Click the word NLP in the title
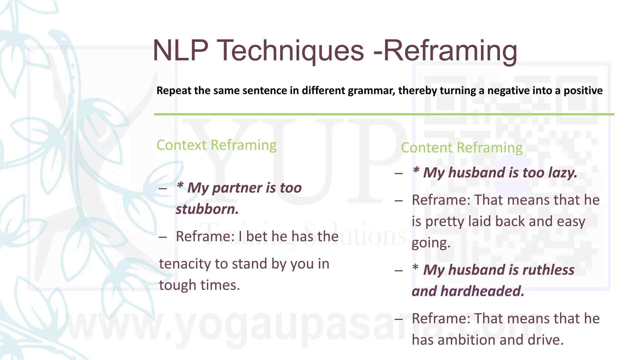click(181, 51)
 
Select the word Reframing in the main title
click(450, 51)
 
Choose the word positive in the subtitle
click(583, 91)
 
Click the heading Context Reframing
click(217, 145)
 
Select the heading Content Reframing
click(462, 148)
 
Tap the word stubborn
click(207, 209)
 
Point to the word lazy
click(563, 173)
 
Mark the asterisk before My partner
click(180, 186)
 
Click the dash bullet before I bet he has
click(162, 237)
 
